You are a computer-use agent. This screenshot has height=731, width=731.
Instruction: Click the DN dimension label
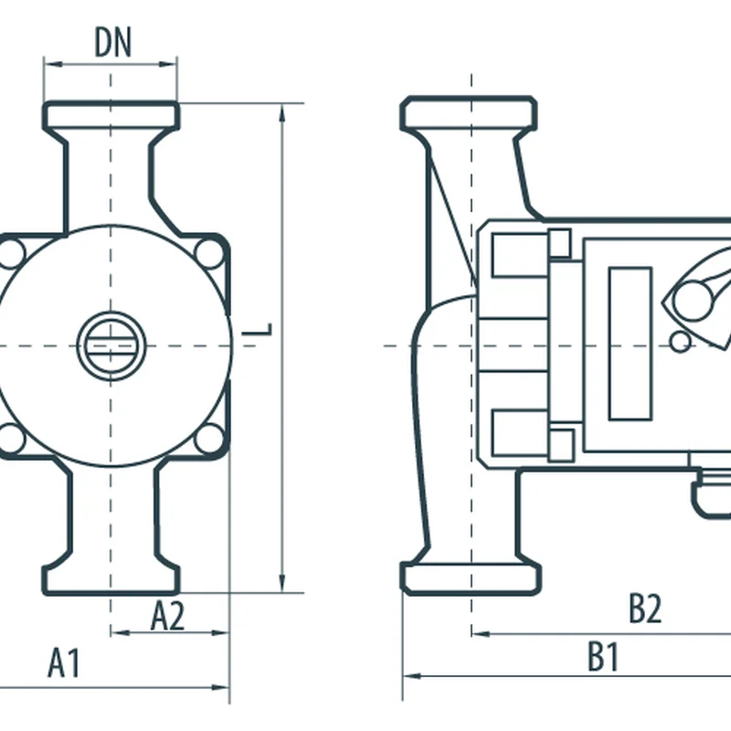tap(112, 43)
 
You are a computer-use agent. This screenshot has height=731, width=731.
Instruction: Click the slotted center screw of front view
tap(111, 345)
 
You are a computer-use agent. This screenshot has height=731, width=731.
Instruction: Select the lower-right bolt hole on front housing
tap(210, 439)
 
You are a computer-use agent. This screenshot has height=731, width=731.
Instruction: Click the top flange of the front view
tap(111, 116)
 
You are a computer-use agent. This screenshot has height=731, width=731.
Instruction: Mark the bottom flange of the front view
tap(111, 578)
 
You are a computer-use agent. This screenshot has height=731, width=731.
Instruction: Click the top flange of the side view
tap(469, 113)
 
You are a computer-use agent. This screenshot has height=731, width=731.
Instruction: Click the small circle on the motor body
tap(681, 342)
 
